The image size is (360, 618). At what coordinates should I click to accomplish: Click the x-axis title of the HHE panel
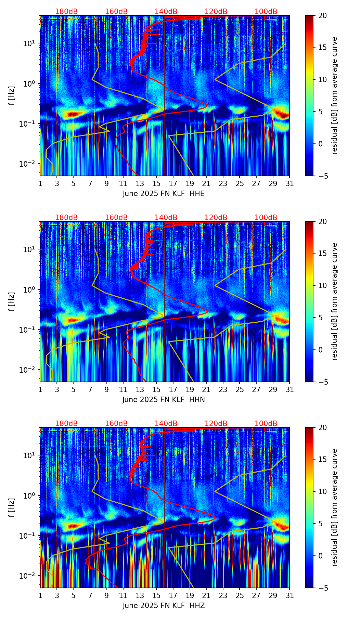pos(164,194)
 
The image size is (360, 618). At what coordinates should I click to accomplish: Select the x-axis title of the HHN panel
pos(164,400)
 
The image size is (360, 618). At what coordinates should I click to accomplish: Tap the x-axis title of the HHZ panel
pos(164,606)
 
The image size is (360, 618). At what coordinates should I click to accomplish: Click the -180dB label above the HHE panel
pos(65,12)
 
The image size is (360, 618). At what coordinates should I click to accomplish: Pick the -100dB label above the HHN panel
pos(265,218)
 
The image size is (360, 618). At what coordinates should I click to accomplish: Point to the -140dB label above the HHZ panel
pos(165,424)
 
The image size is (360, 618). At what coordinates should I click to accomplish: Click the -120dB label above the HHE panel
pos(215,12)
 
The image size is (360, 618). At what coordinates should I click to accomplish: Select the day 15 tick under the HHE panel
pos(156,183)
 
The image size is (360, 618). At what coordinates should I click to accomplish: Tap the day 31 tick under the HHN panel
pos(290,389)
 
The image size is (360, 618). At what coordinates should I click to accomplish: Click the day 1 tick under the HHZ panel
pos(40,595)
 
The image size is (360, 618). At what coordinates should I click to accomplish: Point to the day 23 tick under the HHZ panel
pos(223,595)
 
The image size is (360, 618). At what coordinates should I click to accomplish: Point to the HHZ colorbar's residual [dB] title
pos(334,507)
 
